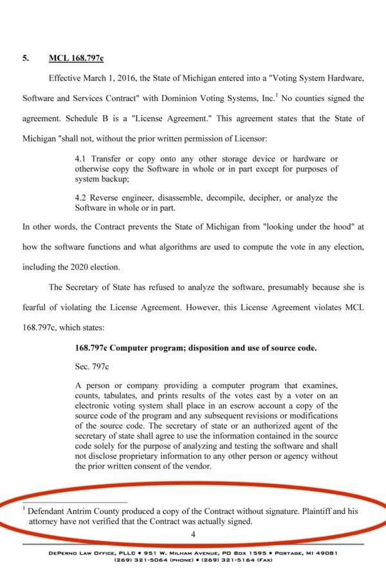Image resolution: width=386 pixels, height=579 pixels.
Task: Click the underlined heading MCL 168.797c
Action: coord(76,58)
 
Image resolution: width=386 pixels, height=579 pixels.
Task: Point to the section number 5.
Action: coord(25,58)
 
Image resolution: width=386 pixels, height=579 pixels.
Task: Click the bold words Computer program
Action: coord(144,348)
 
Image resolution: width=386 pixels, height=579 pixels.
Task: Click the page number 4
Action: coord(193,534)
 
